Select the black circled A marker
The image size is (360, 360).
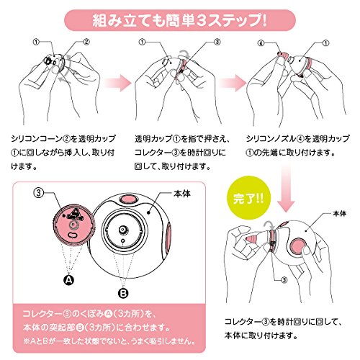[x=70, y=278]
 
